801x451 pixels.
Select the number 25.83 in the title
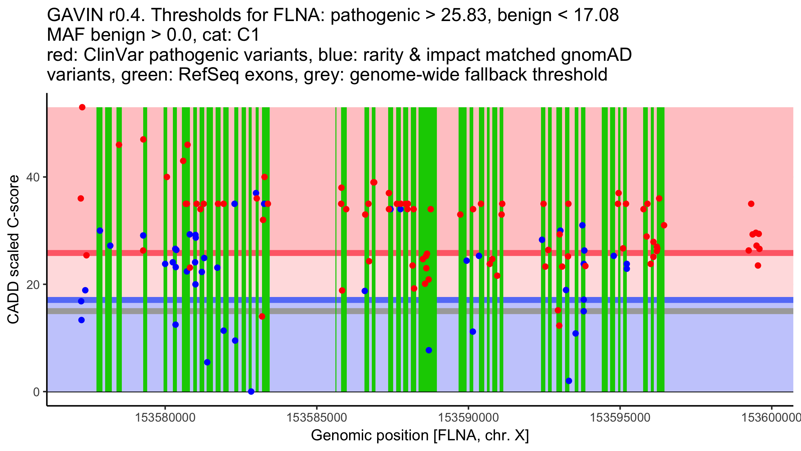(463, 15)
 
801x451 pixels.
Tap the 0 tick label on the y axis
(36, 392)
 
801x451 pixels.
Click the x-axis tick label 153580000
(165, 418)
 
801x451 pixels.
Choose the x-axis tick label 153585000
(317, 418)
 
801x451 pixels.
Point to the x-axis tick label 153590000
(469, 418)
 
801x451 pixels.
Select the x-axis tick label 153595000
(620, 418)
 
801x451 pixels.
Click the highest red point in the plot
(82, 107)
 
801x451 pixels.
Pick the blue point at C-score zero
(251, 392)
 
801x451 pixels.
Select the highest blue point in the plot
(256, 193)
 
